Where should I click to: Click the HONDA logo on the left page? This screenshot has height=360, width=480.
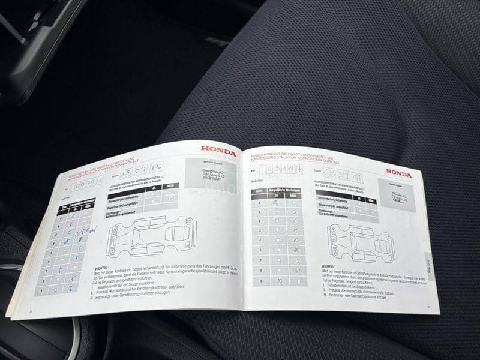coord(218,151)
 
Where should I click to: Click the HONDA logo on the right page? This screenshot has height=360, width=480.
coord(398,175)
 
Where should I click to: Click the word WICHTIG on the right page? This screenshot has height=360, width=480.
coord(328,266)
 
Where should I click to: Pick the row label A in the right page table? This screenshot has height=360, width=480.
coord(260,203)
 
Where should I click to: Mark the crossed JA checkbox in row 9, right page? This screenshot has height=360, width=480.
coord(279,280)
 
